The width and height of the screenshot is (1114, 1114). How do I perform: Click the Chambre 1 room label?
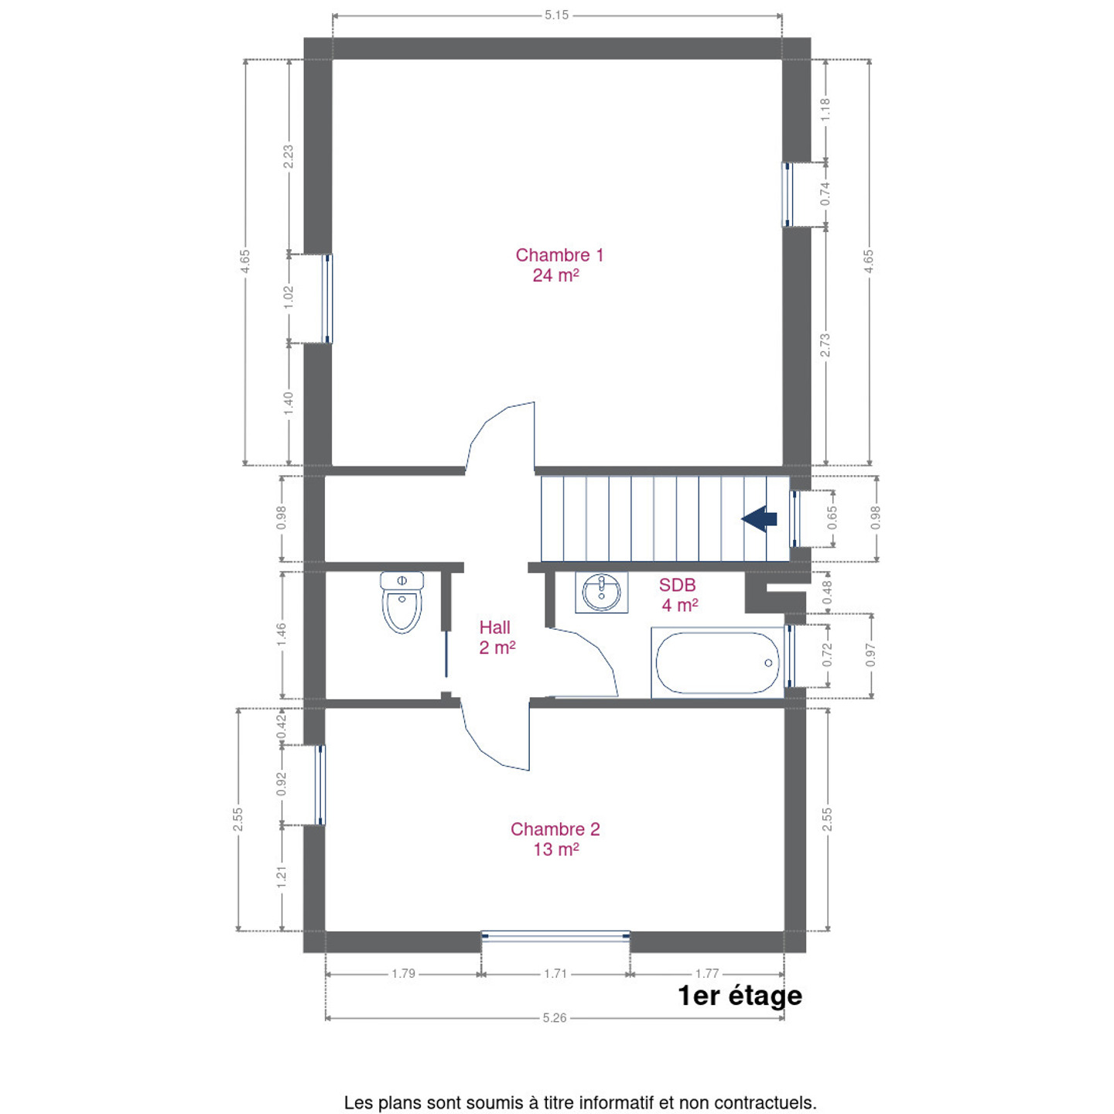(x=559, y=265)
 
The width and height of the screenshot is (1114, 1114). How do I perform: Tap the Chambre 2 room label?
(x=555, y=839)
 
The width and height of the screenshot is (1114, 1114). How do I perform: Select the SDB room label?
(x=678, y=595)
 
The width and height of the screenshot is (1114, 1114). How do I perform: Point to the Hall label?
(x=496, y=637)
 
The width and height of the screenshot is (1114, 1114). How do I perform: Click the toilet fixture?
(x=402, y=602)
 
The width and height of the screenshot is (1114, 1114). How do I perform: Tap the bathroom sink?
(x=601, y=593)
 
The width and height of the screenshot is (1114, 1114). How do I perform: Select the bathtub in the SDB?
(x=717, y=662)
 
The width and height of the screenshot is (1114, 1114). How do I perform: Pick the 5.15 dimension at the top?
(x=556, y=15)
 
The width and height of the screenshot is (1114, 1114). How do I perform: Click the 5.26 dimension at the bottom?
(x=555, y=1018)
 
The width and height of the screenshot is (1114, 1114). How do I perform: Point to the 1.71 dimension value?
(x=555, y=974)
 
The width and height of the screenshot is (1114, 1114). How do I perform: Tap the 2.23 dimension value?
(x=288, y=156)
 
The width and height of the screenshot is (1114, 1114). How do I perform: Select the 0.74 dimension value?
(x=825, y=193)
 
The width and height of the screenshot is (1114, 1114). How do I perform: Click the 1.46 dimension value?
(x=281, y=635)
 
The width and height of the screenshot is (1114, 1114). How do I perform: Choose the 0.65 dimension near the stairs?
(x=832, y=518)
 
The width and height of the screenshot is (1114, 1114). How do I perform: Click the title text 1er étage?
(x=740, y=996)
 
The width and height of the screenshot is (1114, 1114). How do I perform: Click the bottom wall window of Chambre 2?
(x=555, y=936)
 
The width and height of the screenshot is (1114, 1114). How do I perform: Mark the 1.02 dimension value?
(x=289, y=297)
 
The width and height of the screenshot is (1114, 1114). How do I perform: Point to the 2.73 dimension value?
(x=825, y=345)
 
